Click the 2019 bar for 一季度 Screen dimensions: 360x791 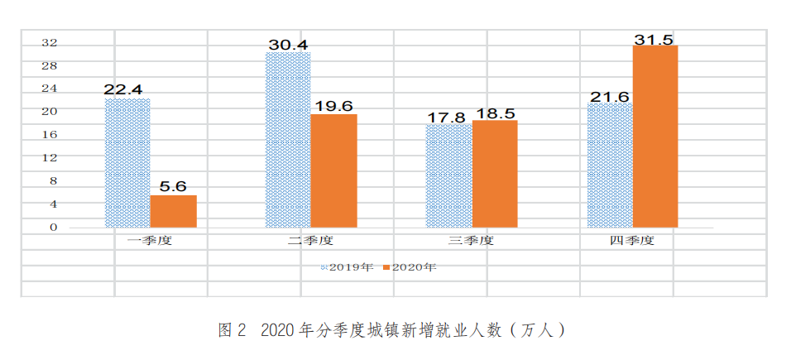127,163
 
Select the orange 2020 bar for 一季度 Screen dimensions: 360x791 173,211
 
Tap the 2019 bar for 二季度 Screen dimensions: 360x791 287,140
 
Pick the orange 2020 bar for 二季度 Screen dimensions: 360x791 333,170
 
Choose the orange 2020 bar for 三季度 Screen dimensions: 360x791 494,174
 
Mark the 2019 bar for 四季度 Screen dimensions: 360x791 609,165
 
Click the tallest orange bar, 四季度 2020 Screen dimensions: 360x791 654,137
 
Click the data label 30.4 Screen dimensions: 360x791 288,44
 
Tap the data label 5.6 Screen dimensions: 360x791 174,186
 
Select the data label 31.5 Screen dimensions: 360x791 655,38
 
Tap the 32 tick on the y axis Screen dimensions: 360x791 50,42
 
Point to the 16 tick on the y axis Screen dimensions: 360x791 50,134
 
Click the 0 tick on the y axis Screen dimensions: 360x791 53,227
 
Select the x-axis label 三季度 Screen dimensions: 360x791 471,241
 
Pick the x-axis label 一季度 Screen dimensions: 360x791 149,241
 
